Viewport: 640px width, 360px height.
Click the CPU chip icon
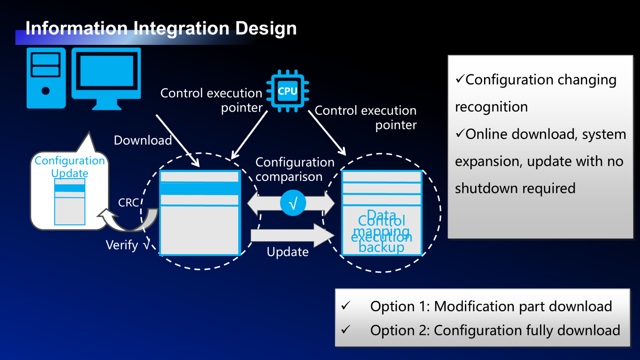[288, 92]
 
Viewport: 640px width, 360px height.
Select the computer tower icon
[46, 78]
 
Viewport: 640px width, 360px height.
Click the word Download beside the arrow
[143, 140]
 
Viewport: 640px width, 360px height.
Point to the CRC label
[128, 203]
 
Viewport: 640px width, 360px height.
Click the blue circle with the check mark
[293, 204]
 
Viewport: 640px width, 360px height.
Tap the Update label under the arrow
[288, 252]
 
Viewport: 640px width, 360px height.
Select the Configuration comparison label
[295, 169]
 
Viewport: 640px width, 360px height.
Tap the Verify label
[122, 245]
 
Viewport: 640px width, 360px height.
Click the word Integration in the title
[181, 28]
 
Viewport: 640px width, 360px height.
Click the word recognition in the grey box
[491, 107]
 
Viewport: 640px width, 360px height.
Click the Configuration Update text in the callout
[70, 167]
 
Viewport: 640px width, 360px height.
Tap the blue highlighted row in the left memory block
[200, 188]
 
